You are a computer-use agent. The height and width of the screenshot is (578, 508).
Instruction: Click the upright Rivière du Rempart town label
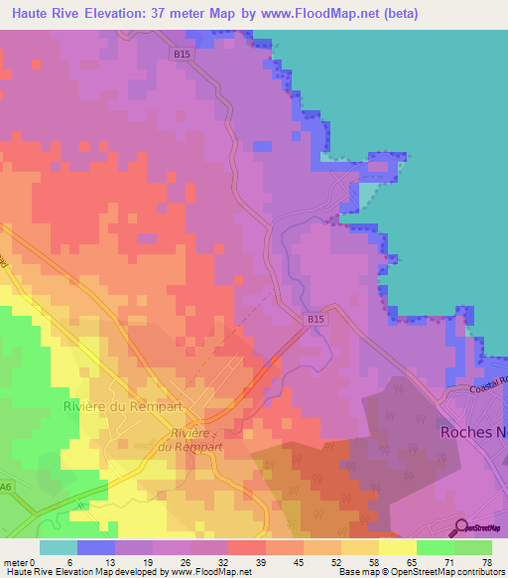(110, 406)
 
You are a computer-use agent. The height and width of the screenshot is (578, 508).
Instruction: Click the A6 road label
(7, 486)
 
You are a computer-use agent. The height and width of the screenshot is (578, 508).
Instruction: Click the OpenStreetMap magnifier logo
(461, 527)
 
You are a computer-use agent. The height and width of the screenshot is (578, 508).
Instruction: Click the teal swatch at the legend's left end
(59, 547)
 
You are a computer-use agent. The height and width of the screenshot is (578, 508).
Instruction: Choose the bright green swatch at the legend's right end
(473, 547)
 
